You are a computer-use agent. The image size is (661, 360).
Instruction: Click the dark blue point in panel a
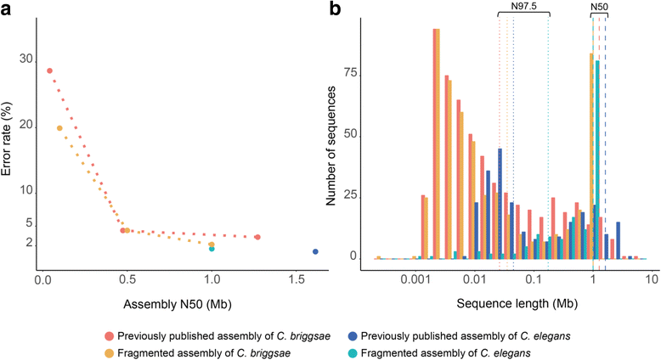point(315,251)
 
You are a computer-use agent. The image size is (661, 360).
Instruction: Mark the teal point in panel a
point(212,249)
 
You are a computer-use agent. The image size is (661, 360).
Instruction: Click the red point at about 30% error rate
point(49,70)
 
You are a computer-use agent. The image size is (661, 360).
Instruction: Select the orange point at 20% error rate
point(59,128)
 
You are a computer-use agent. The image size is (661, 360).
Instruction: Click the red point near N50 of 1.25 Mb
point(257,237)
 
